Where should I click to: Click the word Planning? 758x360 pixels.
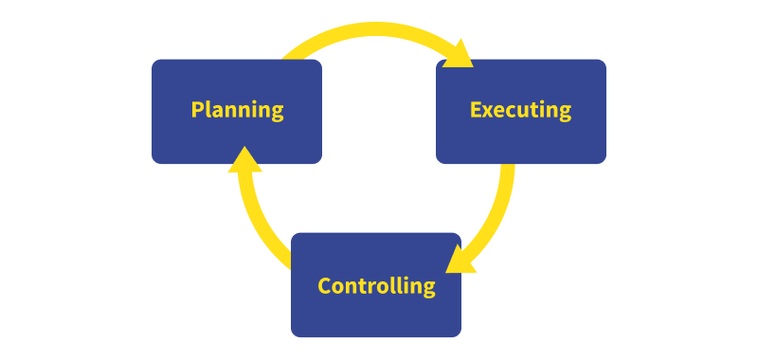click(237, 110)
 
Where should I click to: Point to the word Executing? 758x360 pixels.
click(521, 110)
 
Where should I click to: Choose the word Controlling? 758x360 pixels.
click(376, 286)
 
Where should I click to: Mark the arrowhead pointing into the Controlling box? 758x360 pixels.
click(459, 258)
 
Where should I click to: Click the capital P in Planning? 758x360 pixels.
click(197, 110)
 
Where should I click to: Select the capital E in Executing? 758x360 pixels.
click(476, 110)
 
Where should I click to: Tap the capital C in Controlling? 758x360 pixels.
click(324, 286)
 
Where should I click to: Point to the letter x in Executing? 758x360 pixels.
click(489, 111)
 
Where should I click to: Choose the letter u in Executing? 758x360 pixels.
click(524, 111)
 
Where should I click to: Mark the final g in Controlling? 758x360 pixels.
click(428, 289)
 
